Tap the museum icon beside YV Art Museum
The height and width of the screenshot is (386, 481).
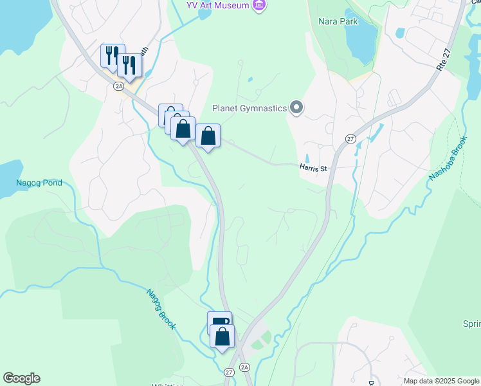click(x=259, y=6)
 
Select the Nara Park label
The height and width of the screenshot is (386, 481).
click(x=338, y=20)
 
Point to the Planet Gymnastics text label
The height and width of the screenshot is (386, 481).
click(x=250, y=108)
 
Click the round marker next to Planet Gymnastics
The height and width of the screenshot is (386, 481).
click(x=296, y=107)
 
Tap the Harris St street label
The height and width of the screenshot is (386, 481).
click(x=313, y=169)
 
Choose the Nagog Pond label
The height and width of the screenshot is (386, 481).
click(x=39, y=183)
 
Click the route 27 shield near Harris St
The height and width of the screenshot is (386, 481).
click(x=350, y=139)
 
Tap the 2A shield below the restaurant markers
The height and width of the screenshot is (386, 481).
click(x=118, y=86)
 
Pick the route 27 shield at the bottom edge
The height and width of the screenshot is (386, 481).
click(x=230, y=372)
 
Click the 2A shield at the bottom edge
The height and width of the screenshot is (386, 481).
click(x=244, y=367)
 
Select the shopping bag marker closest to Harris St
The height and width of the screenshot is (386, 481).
click(x=208, y=136)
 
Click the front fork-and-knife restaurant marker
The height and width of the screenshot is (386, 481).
click(x=129, y=66)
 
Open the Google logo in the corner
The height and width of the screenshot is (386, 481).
click(x=21, y=378)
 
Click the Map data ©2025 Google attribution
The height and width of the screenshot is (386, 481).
click(x=442, y=381)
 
